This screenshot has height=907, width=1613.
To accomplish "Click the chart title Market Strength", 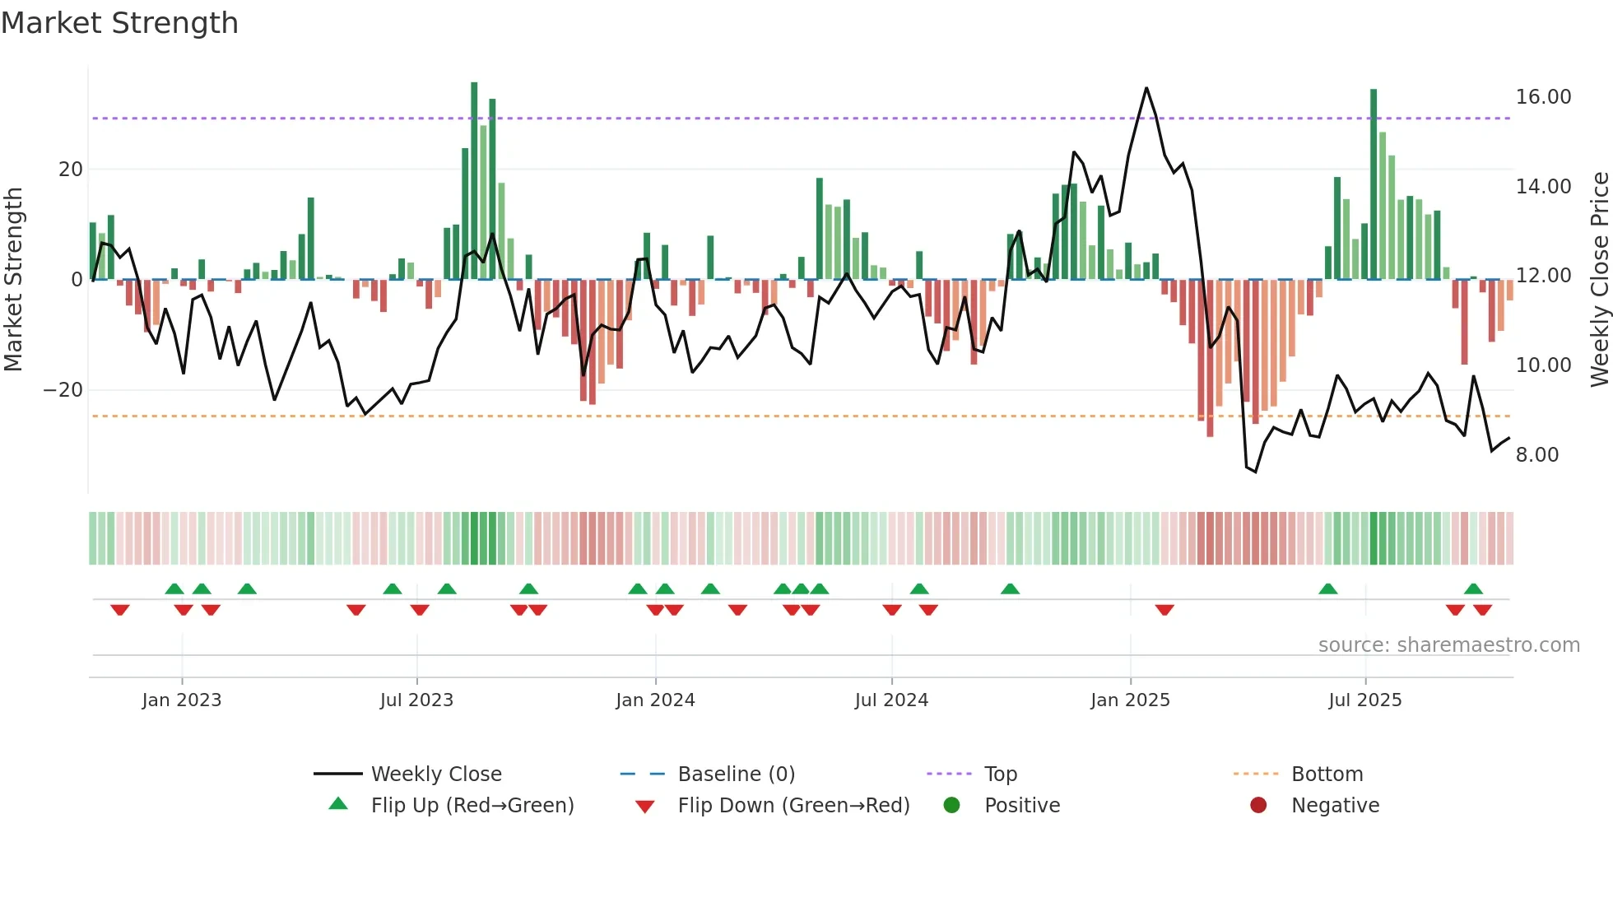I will pos(119,23).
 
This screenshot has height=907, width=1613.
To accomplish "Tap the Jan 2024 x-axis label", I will pos(655,700).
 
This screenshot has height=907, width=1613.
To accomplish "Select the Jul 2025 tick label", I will pos(1364,700).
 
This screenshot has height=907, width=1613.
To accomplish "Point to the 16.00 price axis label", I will pos(1543,97).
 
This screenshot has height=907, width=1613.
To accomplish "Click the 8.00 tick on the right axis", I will pos(1536,455).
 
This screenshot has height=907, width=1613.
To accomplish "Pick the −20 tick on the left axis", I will pos(63,390).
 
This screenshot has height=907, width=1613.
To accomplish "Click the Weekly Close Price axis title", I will pos(1599,280).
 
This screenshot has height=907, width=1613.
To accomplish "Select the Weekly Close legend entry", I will pos(435,774).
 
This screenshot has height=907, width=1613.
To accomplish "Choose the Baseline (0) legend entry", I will pos(736,774).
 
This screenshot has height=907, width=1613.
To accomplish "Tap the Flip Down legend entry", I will pos(793,806).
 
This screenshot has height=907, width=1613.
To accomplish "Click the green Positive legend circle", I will pos(951,806).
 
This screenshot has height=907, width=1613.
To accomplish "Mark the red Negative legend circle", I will pos(1258,806).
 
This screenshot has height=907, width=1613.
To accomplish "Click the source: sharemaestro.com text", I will pos(1448,645).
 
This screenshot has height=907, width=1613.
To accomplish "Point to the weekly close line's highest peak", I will pos(1146,88).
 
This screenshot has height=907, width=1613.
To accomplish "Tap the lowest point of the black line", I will pos(1255,472).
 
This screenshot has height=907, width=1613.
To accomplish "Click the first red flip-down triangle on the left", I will pos(120,610).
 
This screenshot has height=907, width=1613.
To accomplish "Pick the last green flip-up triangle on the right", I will pos(1473,588).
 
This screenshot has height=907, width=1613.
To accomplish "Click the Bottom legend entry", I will pos(1327,774).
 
